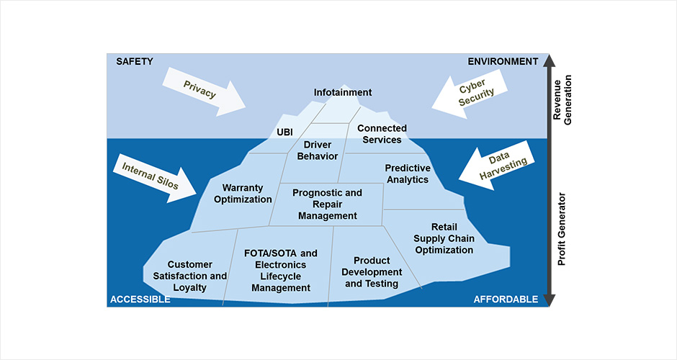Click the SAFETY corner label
(x=135, y=61)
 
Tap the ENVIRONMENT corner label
(x=503, y=61)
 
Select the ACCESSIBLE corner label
(x=140, y=299)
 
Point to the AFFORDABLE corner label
(x=506, y=299)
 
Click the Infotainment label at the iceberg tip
(x=343, y=92)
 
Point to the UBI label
(x=285, y=132)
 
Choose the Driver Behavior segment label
(x=317, y=150)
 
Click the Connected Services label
(x=382, y=134)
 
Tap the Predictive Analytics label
(x=408, y=174)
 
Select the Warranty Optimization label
(x=243, y=194)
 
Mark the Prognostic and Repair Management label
(x=328, y=204)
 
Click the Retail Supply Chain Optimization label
(x=444, y=238)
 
